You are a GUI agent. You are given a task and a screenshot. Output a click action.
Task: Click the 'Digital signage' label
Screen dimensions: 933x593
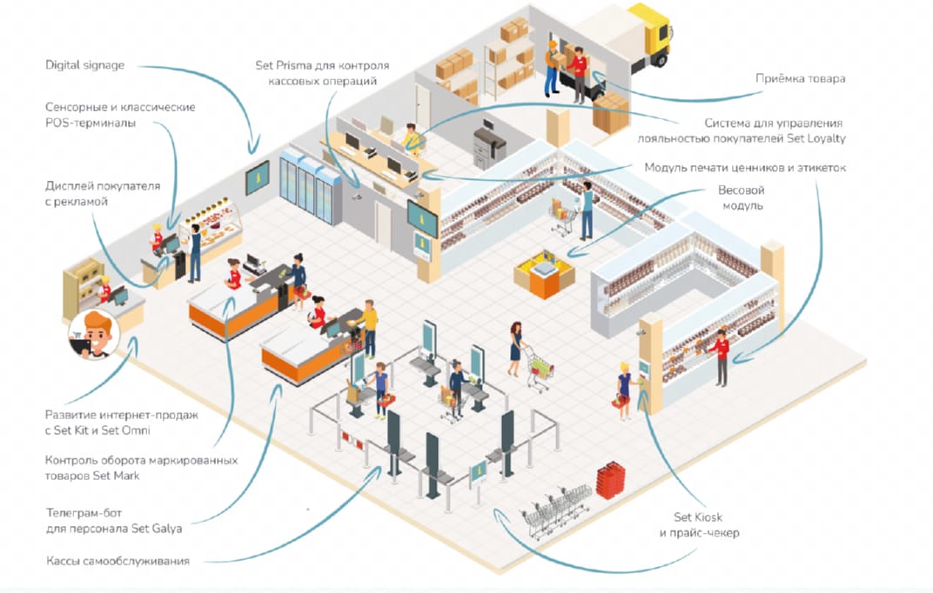[x=85, y=65]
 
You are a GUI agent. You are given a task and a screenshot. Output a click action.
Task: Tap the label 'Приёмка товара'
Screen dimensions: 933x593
[x=801, y=78]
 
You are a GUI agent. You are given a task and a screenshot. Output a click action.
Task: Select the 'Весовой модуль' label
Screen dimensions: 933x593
[x=742, y=198]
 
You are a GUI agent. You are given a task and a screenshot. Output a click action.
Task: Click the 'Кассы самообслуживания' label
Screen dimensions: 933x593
[x=117, y=561]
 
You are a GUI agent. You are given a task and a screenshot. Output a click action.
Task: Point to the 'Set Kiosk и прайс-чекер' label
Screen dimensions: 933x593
[x=699, y=524]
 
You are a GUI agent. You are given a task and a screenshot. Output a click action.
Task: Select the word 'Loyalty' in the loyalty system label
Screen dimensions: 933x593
[x=823, y=138]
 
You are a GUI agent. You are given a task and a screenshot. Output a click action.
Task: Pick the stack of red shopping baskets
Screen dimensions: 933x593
[x=610, y=479]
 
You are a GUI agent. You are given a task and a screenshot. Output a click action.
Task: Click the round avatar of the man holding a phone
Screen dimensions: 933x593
[x=94, y=335]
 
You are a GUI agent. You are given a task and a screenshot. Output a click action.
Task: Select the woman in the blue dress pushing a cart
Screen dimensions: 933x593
[x=515, y=349]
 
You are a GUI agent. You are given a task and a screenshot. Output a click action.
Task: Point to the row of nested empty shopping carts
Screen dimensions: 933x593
[x=556, y=512]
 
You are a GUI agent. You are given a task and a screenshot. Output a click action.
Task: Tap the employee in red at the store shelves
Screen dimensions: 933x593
[x=721, y=356]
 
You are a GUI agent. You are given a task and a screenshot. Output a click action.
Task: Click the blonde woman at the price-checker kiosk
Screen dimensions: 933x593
[x=625, y=390]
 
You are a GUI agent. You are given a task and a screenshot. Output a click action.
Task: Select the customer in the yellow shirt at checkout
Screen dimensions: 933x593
[x=370, y=328]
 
